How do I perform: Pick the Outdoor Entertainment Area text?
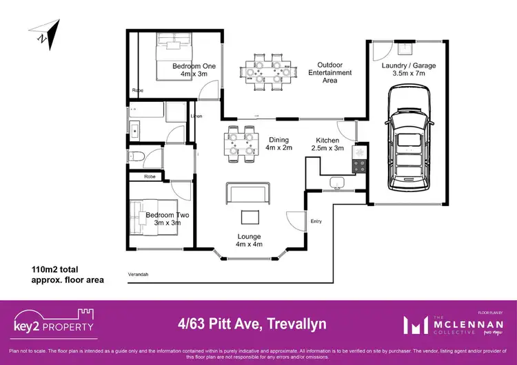coord(330,72)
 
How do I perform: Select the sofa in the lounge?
coord(247,194)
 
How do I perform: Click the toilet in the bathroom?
coord(138,156)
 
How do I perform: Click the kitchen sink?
coord(336,182)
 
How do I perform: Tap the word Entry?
coord(316,221)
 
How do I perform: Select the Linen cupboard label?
coord(196,116)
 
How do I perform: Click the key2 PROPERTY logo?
coord(54,321)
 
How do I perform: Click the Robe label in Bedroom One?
coord(138,90)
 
